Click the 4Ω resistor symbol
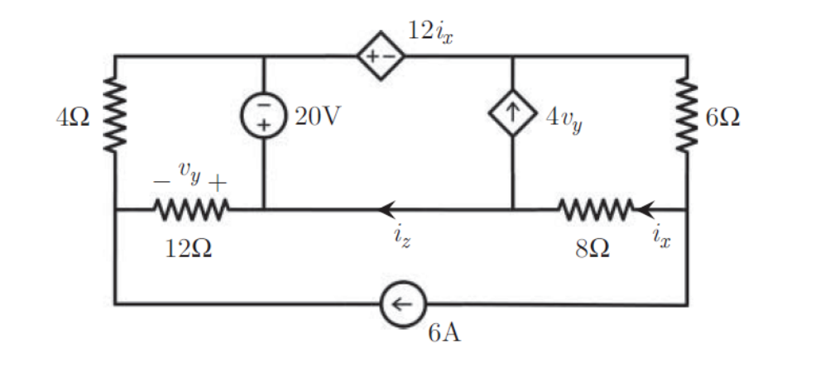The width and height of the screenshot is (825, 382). (114, 116)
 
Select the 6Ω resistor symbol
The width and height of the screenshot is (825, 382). (687, 116)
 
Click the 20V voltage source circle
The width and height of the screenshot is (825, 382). (264, 115)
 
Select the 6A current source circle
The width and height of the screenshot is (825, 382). (402, 304)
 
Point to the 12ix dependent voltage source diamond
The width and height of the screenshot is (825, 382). (381, 56)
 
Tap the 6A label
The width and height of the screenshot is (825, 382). (444, 334)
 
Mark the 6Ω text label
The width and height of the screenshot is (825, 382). (724, 117)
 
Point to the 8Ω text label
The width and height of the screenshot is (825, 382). (592, 249)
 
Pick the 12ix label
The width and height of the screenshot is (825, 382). (430, 31)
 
